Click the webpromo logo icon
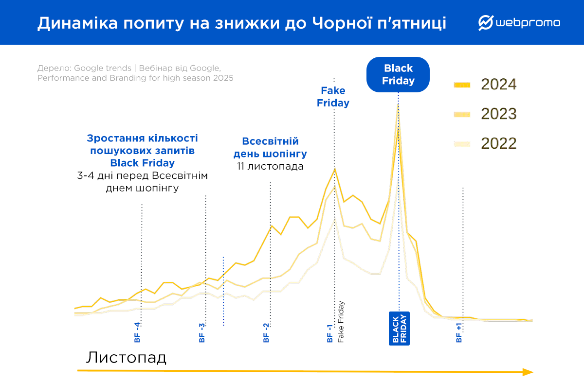[x=486, y=22]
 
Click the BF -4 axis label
[x=137, y=332]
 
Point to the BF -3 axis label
[x=202, y=332]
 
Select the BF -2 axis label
[x=266, y=332]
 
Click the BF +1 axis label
[x=459, y=332]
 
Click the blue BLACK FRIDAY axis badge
[x=399, y=328]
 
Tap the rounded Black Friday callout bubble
[x=398, y=74]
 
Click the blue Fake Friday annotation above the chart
[x=333, y=97]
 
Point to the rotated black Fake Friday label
[x=341, y=322]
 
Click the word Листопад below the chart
[x=127, y=358]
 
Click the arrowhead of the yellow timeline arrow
[x=528, y=372]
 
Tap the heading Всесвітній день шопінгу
[x=270, y=148]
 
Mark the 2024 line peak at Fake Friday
[x=334, y=169]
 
